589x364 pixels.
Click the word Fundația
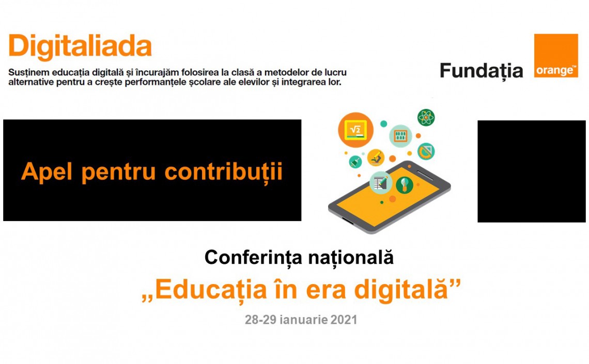pos(481,71)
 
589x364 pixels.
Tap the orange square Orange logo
pos(556,56)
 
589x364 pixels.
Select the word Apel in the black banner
pos(47,172)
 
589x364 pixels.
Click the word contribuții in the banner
pos(224,172)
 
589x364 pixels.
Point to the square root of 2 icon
pos(355,130)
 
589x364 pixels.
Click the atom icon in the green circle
pos(426,117)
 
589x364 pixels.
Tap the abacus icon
pos(400,136)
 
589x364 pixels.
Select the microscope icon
pos(376,157)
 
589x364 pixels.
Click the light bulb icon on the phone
pos(405,185)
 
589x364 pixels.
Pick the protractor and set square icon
pos(426,151)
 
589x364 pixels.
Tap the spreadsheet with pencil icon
pos(381,183)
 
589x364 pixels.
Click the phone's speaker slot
pos(425,175)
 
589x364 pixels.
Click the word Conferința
pos(253,258)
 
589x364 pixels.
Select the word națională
pos(351,258)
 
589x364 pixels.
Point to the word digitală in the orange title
pos(401,290)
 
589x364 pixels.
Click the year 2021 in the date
pos(344,320)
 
